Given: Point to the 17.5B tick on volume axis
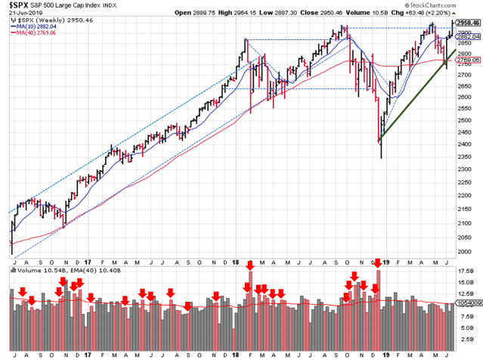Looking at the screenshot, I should coord(464,270).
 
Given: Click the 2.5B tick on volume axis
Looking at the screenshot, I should coord(464,337).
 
